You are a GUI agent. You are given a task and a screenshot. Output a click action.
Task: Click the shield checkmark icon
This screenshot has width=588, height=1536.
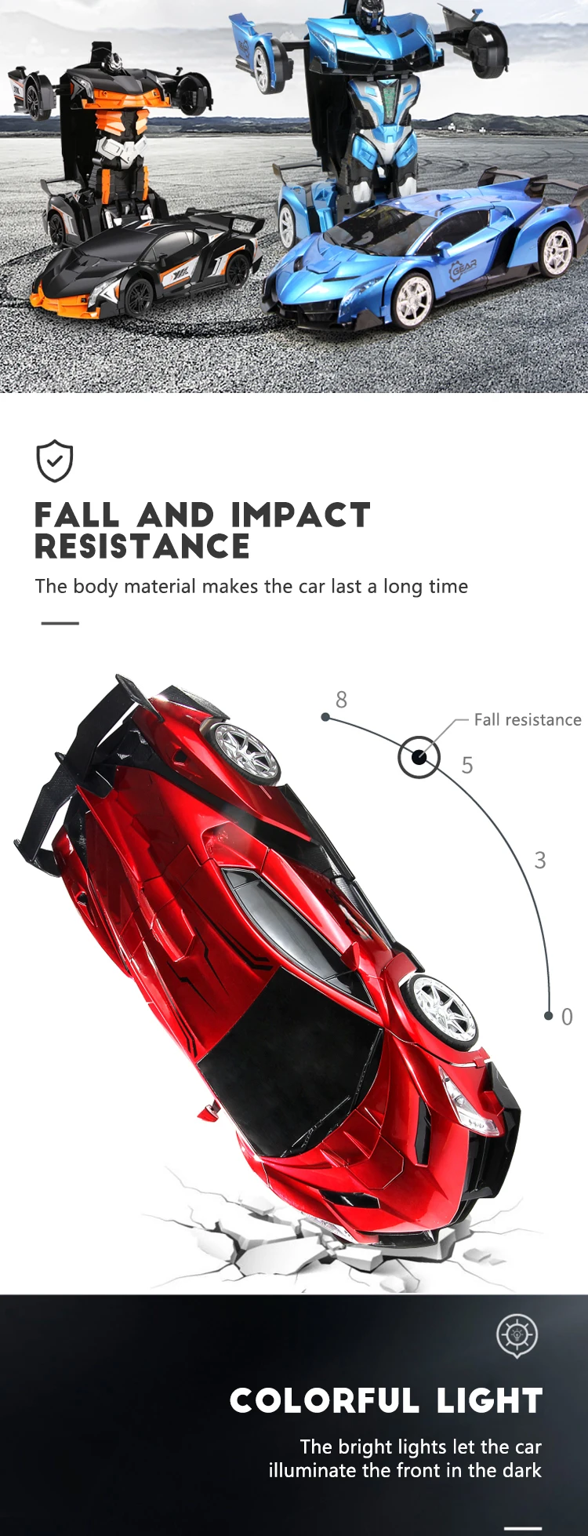[x=55, y=460]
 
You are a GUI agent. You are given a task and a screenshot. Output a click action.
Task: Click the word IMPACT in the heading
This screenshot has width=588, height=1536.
[x=300, y=515]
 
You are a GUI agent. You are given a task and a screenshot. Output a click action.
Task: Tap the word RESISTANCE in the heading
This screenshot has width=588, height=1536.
[x=142, y=547]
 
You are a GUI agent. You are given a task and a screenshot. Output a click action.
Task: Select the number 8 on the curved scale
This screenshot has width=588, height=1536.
[x=341, y=699]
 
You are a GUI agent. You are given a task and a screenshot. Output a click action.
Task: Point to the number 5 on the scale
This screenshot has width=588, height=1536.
[x=467, y=765]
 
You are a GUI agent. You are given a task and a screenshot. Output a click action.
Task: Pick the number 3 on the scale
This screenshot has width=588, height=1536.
[x=540, y=860]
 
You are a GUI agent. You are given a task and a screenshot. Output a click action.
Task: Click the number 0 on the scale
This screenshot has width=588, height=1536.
[x=567, y=1017]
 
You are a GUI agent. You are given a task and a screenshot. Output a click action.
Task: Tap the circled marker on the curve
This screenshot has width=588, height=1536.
[x=419, y=757]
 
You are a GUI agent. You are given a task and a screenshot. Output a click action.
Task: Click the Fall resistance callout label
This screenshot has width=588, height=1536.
[x=528, y=719]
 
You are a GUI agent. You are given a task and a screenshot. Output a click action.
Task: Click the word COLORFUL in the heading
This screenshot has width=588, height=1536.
[x=325, y=1401]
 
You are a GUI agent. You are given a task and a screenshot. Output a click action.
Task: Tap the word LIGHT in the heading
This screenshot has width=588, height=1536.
[x=489, y=1401]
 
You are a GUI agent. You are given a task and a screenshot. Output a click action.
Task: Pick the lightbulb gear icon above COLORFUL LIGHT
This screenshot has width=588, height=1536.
[x=517, y=1334]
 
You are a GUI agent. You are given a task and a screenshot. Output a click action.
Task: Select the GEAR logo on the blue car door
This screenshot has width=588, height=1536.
[x=463, y=270]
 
